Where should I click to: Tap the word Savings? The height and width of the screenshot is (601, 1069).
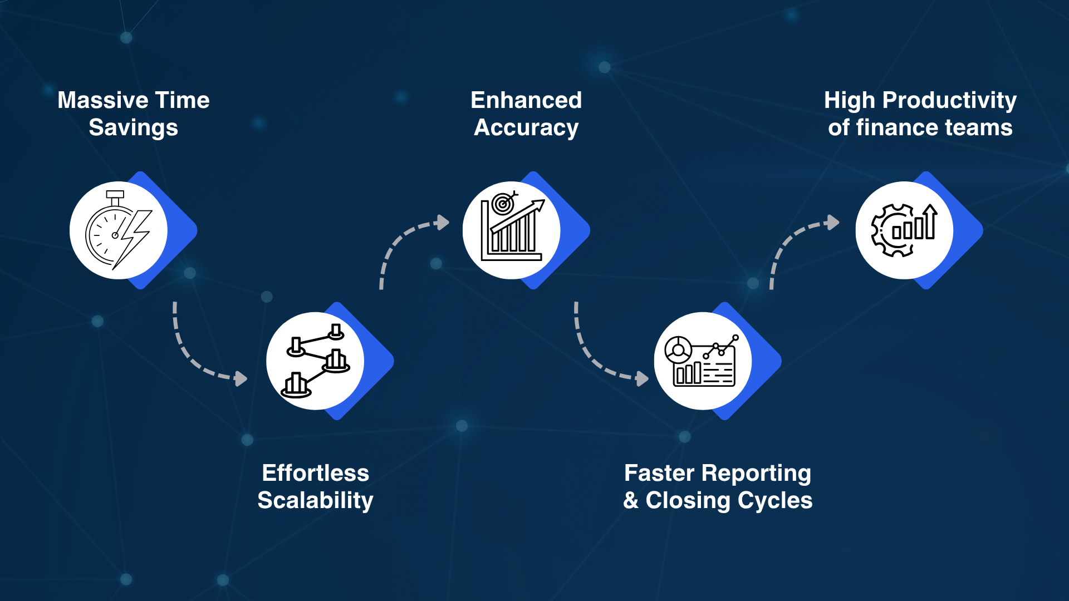[x=134, y=128]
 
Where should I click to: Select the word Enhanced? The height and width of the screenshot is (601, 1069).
[x=526, y=101]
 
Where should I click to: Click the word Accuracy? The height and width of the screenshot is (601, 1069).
[x=526, y=128]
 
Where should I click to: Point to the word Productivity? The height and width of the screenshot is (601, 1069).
[x=949, y=101]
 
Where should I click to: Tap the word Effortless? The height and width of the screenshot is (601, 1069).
[x=315, y=473]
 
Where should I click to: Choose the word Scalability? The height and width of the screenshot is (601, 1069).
[x=315, y=500]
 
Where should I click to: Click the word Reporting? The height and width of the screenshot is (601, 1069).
[x=756, y=473]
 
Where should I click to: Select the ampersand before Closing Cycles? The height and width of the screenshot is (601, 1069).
[x=630, y=500]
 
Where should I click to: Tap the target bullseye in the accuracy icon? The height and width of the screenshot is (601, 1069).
[x=503, y=203]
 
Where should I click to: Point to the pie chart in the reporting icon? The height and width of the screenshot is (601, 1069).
[x=678, y=350]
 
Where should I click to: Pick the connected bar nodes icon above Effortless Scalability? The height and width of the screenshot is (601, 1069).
[x=316, y=361]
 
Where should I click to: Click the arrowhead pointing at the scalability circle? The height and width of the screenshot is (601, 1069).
[x=241, y=379]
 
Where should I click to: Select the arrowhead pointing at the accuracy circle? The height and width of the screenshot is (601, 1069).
[x=443, y=223]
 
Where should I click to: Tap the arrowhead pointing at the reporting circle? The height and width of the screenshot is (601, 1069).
[x=643, y=379]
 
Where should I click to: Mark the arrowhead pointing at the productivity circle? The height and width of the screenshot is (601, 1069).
[x=833, y=223]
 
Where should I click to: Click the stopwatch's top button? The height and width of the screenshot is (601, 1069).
[x=115, y=194]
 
